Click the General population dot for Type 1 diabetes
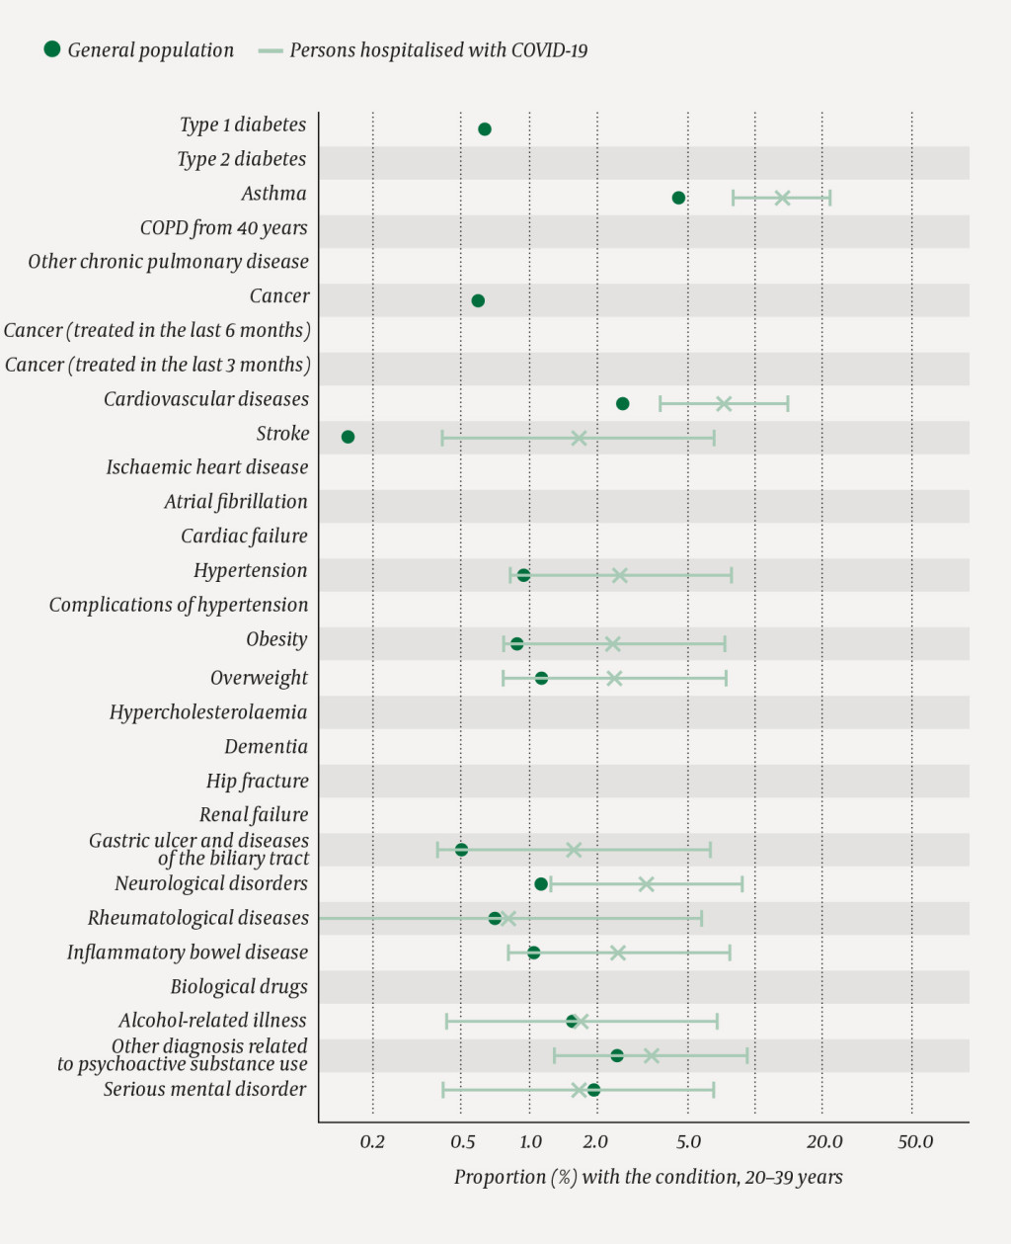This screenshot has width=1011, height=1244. pos(485,129)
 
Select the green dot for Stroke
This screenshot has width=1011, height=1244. pos(348,437)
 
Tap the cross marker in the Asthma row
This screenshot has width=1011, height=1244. pos(782,199)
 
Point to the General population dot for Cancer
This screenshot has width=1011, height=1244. pos(478,300)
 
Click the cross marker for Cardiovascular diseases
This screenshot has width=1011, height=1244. pos(724,403)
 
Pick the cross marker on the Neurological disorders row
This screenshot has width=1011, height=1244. pos(646,884)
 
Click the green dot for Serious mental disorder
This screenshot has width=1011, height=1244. pos(593,1090)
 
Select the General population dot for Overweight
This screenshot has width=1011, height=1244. pos(541,678)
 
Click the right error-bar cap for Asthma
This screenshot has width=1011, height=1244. pos(830,199)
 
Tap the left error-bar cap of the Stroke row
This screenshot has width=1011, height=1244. pos(442,438)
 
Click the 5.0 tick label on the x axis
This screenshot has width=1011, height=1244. pos(688,1142)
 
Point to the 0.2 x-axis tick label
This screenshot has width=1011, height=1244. pos(372,1142)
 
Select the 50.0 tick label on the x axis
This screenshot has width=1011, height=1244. pos(915,1142)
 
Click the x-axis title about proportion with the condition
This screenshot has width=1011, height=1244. pos(648,1177)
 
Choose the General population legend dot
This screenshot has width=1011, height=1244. pos(52,49)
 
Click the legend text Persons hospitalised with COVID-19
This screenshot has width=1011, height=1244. pos(438,50)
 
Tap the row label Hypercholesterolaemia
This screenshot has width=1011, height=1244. pos(208,712)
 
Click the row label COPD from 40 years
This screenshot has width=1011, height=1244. pos(224,228)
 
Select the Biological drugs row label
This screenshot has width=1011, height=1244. pos(239,987)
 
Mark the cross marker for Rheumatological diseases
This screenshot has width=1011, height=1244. pos(508,919)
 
